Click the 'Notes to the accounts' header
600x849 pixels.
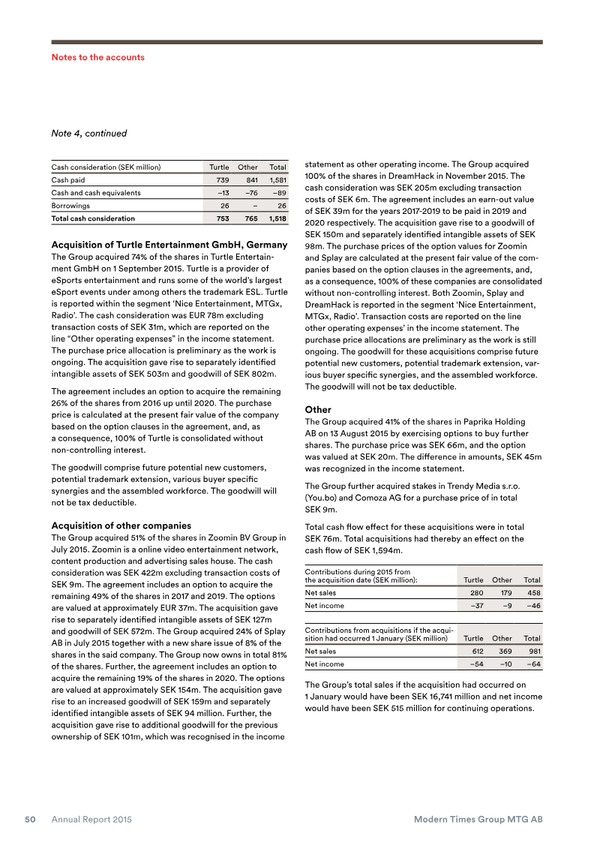click(97, 57)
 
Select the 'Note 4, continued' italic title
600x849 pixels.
click(88, 134)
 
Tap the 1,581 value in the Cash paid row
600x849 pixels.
click(277, 180)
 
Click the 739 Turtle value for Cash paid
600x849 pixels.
click(221, 180)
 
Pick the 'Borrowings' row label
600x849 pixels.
click(70, 205)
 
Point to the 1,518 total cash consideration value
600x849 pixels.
click(277, 218)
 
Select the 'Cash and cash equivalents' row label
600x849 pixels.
click(95, 193)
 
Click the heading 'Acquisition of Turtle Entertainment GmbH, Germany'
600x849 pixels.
click(169, 245)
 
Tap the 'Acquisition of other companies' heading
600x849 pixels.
click(120, 525)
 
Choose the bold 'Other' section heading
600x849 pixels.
click(318, 410)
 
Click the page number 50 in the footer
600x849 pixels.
click(31, 820)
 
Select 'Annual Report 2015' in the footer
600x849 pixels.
click(91, 820)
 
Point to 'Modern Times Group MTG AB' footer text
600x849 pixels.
click(478, 820)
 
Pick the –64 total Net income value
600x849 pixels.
click(533, 664)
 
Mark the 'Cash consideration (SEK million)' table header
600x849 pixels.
click(106, 167)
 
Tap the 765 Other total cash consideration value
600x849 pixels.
click(250, 218)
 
